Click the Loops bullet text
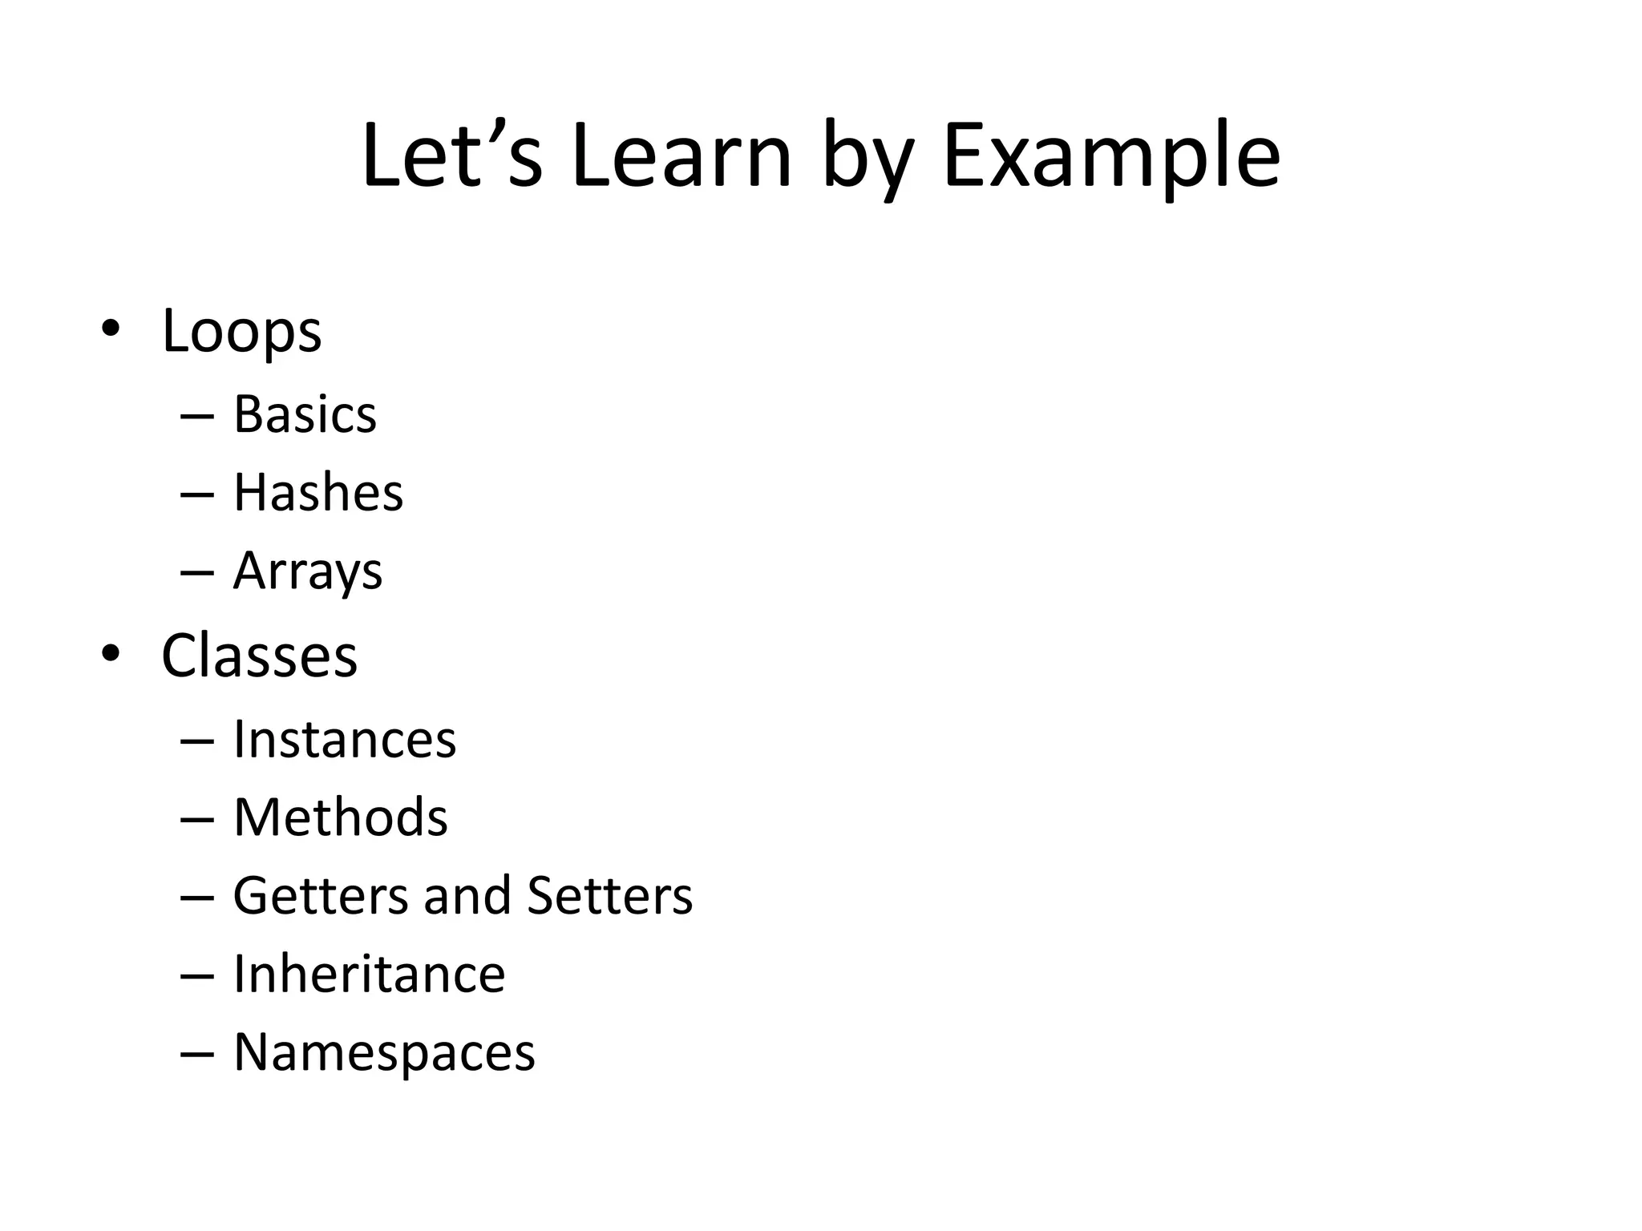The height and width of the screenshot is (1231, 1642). point(241,331)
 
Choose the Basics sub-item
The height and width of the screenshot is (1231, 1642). point(305,415)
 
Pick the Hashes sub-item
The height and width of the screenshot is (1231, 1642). point(318,493)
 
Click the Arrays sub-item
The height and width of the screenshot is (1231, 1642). point(308,571)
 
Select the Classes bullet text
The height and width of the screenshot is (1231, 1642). point(259,656)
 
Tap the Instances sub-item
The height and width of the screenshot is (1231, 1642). point(345,739)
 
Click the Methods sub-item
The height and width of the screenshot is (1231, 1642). point(341,817)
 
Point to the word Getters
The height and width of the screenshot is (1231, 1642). point(321,895)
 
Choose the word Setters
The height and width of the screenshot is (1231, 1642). point(609,895)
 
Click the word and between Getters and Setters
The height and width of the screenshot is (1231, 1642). point(467,895)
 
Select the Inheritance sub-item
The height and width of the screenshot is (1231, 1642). point(370,974)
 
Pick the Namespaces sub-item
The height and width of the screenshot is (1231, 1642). point(384,1052)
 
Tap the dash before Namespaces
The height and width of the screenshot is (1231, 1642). point(197,1054)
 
